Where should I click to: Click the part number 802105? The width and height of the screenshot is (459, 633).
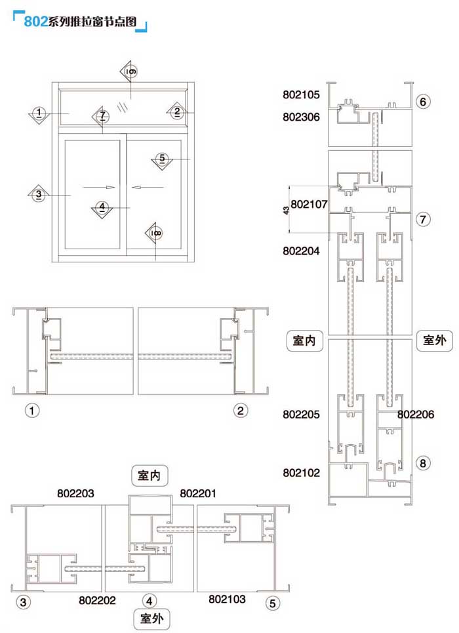pos(301,94)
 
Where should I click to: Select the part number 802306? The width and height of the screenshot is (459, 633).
pos(301,117)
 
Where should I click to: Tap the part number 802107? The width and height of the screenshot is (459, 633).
pos(309,204)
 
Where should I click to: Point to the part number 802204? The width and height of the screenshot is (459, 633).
pos(301,251)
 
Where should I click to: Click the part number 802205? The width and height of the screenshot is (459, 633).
pos(301,415)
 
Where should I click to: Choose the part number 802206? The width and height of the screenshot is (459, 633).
pos(416,415)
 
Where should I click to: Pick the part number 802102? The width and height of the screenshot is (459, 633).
pos(301,473)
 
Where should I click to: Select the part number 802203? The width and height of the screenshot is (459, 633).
pos(75,493)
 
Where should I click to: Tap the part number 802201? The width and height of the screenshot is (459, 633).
pos(198,493)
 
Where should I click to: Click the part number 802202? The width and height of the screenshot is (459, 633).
pos(97,600)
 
